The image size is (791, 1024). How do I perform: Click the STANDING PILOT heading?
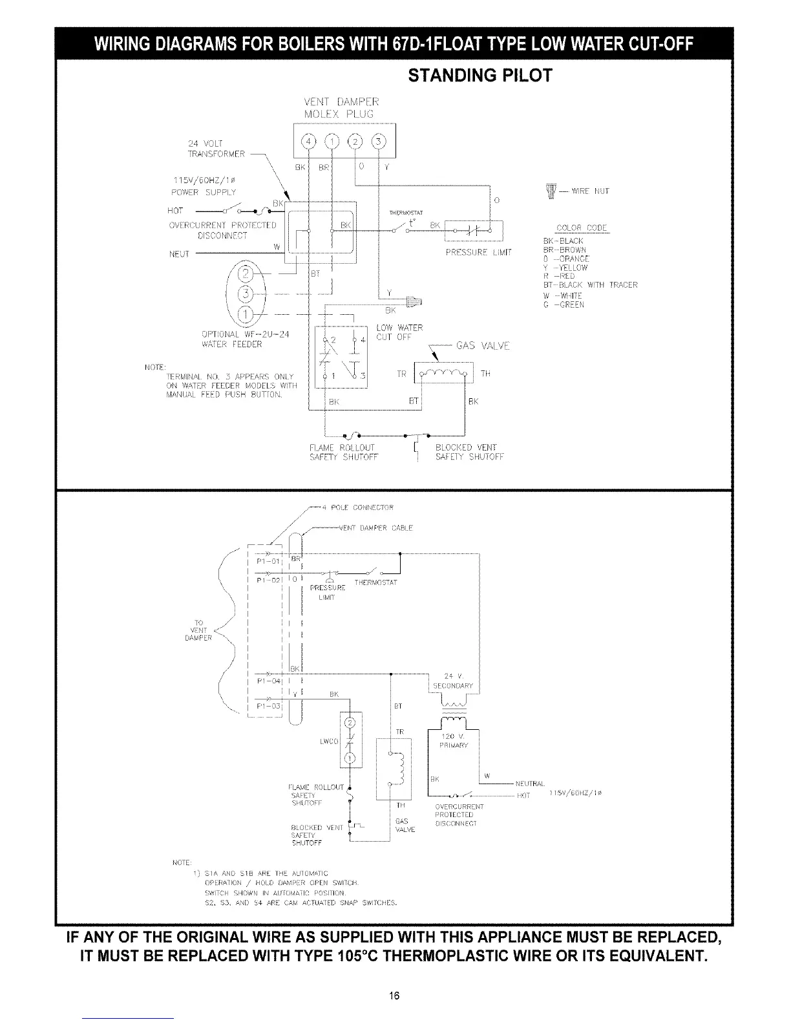(x=480, y=76)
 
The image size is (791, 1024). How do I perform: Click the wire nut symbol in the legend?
(x=551, y=191)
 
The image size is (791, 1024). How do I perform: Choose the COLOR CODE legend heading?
(x=582, y=228)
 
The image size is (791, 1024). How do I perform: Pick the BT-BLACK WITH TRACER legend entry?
(x=589, y=285)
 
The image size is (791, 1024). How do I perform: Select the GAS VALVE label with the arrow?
(x=483, y=346)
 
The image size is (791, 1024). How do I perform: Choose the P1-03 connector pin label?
(x=267, y=706)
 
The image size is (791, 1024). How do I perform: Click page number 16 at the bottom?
(x=395, y=995)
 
